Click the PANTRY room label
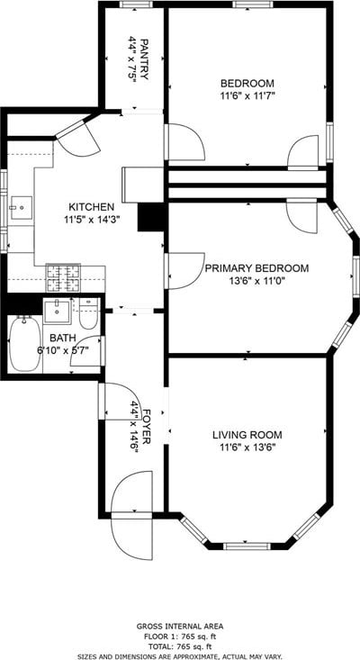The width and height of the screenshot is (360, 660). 144,59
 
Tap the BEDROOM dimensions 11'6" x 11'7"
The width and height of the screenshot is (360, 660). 247,95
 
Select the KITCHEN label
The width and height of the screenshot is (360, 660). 91,207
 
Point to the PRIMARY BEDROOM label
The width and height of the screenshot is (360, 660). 256,268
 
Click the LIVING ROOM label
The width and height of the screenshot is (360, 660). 247,435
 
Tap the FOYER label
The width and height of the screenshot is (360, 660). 147,426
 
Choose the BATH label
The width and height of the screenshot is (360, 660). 63,338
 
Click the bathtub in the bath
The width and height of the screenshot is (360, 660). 25,344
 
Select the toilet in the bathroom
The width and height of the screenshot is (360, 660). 88,313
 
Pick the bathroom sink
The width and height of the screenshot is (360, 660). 58,312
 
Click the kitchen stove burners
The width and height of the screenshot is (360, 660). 63,278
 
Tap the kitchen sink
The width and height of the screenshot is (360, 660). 21,207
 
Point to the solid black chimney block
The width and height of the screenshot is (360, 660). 150,217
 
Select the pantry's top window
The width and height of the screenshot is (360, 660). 135,5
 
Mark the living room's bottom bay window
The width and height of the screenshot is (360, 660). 247,546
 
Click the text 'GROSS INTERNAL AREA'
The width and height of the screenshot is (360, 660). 180,627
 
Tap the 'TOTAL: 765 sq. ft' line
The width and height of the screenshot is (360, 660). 180,647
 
